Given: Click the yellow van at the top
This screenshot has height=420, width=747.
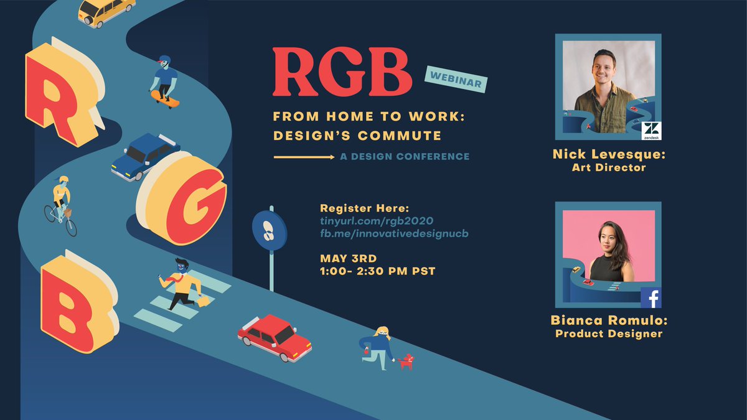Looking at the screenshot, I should [106, 12].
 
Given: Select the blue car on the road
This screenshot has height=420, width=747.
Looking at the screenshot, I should [144, 155].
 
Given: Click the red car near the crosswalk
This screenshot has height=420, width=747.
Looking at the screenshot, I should [274, 337].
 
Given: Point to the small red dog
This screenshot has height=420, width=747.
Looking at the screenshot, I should [406, 362].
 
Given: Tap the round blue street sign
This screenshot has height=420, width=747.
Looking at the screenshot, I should [270, 230].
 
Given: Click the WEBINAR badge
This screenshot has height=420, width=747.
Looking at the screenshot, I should [456, 78].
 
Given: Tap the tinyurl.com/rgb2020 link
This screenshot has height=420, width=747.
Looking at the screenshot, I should [375, 221].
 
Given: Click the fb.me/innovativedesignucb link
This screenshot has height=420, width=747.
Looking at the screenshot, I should [393, 233].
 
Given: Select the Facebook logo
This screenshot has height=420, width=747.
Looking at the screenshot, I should [651, 298].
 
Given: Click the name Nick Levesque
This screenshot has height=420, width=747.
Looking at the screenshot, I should [608, 154].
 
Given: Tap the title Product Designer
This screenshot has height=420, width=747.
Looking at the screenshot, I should [608, 334].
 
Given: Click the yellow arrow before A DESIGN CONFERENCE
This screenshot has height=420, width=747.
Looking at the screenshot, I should [304, 157].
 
